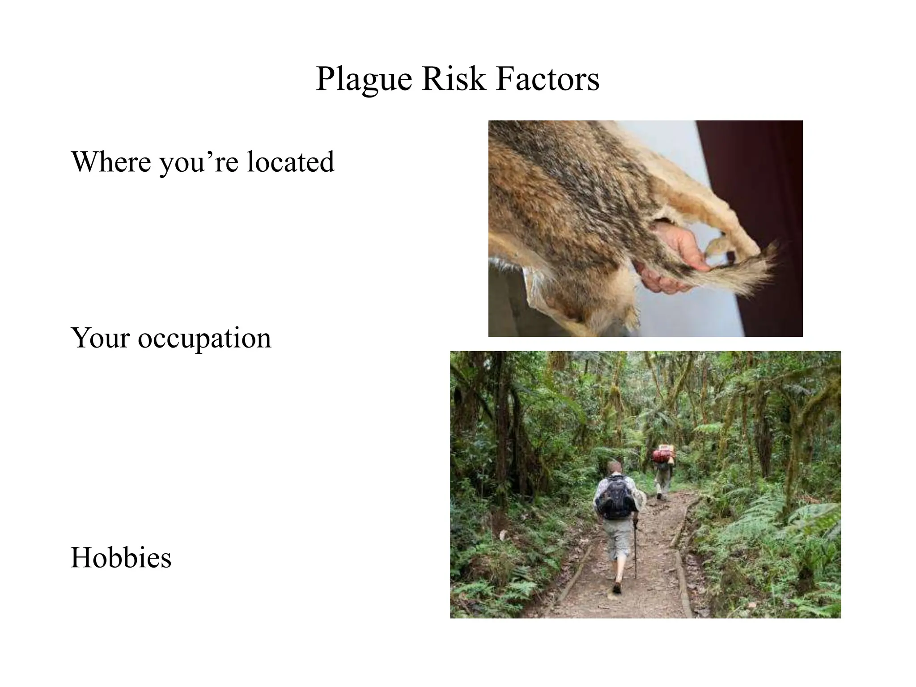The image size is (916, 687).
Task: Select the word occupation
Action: [204, 339]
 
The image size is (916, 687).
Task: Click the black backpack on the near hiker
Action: [616, 496]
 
